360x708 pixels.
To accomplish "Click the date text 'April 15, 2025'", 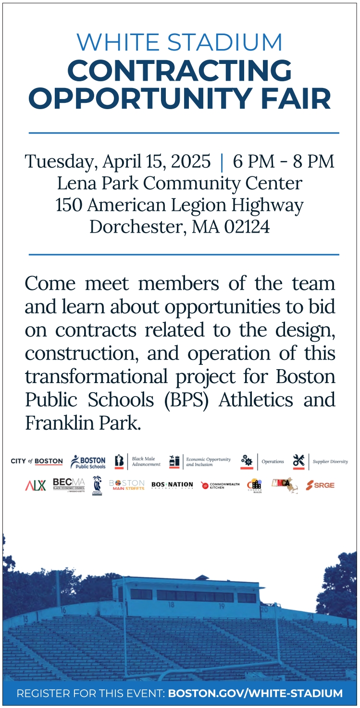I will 156,161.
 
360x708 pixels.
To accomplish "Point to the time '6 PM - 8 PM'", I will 283,161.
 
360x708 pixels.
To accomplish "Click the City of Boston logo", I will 37,461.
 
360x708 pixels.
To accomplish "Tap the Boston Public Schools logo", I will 88,462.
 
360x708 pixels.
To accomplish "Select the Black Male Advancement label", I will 146,462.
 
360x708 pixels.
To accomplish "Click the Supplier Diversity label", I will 330,462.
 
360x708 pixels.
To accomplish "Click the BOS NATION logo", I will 172,485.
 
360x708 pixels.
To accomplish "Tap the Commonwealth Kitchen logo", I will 220,485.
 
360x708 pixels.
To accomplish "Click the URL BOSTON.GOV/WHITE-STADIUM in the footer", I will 255,694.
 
